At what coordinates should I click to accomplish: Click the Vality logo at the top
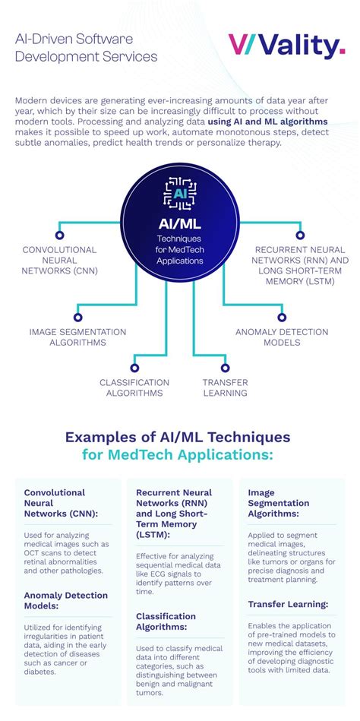pyautogui.click(x=287, y=47)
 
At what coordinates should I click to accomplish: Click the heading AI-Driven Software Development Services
pyautogui.click(x=86, y=47)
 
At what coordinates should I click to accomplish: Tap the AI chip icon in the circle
pyautogui.click(x=180, y=193)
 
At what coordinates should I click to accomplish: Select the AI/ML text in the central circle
pyautogui.click(x=180, y=224)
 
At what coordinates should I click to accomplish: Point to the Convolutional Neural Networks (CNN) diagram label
pyautogui.click(x=59, y=260)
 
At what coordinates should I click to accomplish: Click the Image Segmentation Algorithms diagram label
pyautogui.click(x=77, y=337)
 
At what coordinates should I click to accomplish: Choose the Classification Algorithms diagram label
pyautogui.click(x=134, y=387)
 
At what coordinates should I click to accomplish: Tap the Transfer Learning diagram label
pyautogui.click(x=225, y=387)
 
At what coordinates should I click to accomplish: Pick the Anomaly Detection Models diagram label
pyautogui.click(x=282, y=337)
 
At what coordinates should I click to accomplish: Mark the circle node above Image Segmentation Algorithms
pyautogui.click(x=77, y=317)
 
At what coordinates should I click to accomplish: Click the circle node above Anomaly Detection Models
pyautogui.click(x=282, y=317)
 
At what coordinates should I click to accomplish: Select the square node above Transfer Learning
pyautogui.click(x=225, y=367)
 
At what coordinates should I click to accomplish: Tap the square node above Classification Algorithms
pyautogui.click(x=134, y=367)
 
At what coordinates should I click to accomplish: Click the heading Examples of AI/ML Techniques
pyautogui.click(x=178, y=438)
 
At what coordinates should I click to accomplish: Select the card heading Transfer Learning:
pyautogui.click(x=288, y=604)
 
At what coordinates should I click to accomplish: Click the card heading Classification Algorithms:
pyautogui.click(x=166, y=621)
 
